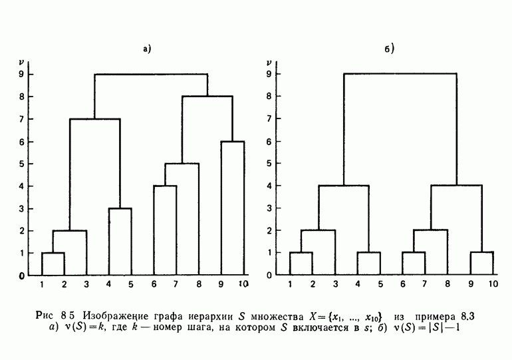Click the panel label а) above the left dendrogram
pyautogui.click(x=148, y=49)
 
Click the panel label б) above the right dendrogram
pyautogui.click(x=390, y=49)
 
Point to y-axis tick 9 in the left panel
pyautogui.click(x=21, y=74)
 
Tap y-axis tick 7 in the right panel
pyautogui.click(x=268, y=118)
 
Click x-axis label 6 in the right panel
pyautogui.click(x=403, y=285)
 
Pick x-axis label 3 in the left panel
pyautogui.click(x=86, y=285)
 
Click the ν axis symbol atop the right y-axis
pyautogui.click(x=268, y=63)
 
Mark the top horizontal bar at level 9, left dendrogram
pyautogui.click(x=151, y=74)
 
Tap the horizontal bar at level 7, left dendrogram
pyautogui.click(x=95, y=119)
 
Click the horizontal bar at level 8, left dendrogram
pyautogui.click(x=207, y=96)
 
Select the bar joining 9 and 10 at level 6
pyautogui.click(x=232, y=142)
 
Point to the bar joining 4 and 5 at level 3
pyautogui.click(x=120, y=208)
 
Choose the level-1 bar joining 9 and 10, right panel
pyautogui.click(x=481, y=252)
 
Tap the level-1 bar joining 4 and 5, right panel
pyautogui.click(x=368, y=252)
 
